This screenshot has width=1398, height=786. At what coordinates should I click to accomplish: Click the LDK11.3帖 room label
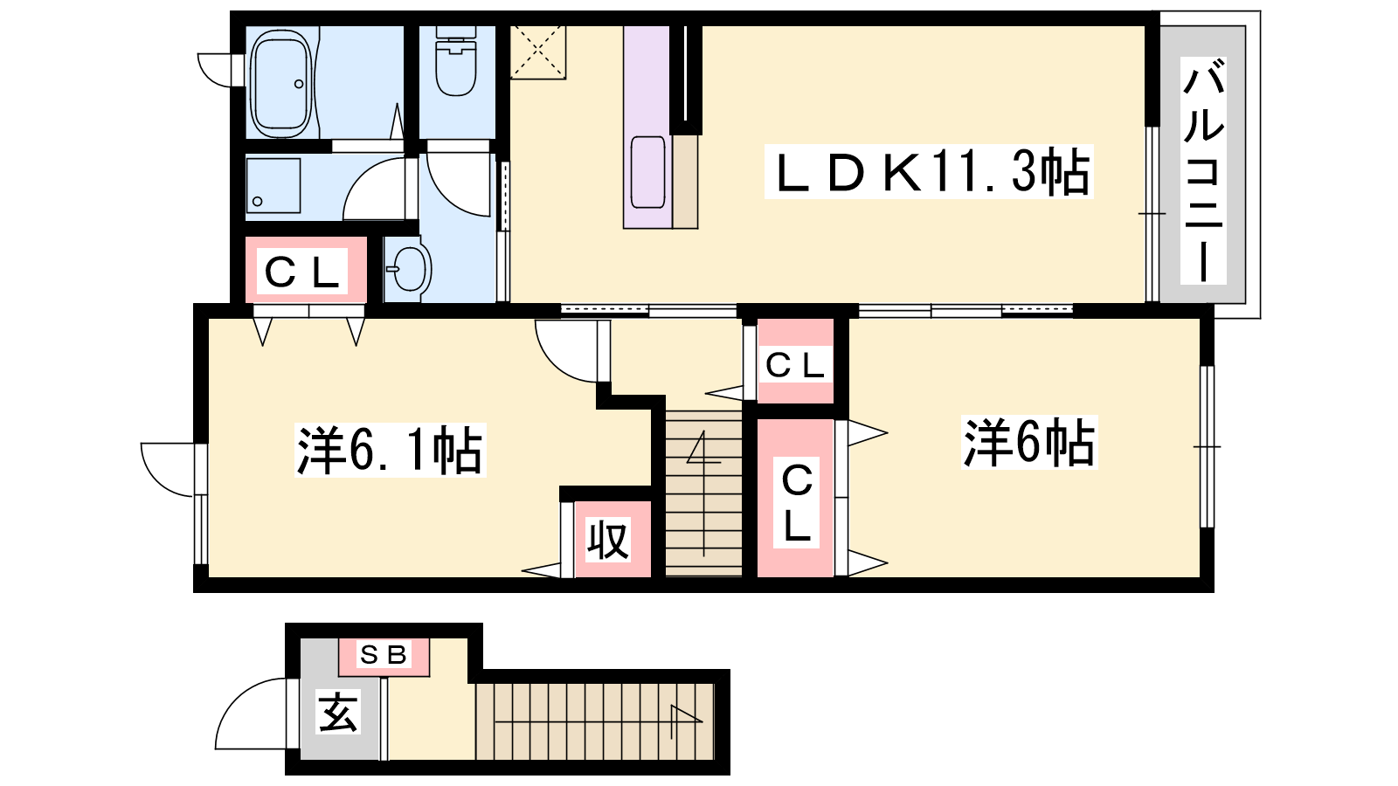point(929,171)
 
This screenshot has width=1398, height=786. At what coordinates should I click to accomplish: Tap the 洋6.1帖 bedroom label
point(390,450)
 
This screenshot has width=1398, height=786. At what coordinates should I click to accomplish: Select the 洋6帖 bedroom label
point(1029,444)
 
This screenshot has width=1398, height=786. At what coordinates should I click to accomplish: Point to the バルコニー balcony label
point(1203,169)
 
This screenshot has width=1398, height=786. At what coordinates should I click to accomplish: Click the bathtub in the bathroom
point(280,83)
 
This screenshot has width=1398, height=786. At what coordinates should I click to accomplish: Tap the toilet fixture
point(455,61)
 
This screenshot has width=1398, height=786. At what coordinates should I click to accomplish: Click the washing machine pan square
point(273,186)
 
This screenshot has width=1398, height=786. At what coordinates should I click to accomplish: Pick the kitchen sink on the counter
point(647,172)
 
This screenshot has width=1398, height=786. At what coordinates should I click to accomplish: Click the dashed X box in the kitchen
point(538,52)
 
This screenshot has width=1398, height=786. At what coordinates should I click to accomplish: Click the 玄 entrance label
point(337,712)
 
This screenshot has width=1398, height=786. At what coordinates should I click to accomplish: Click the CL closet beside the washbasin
point(305,270)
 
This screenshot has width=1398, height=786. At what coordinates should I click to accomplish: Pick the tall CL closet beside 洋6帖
point(796,498)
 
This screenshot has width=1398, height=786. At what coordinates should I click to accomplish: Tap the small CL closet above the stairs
point(795,362)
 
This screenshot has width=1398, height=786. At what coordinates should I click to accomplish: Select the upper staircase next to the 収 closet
point(704,493)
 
